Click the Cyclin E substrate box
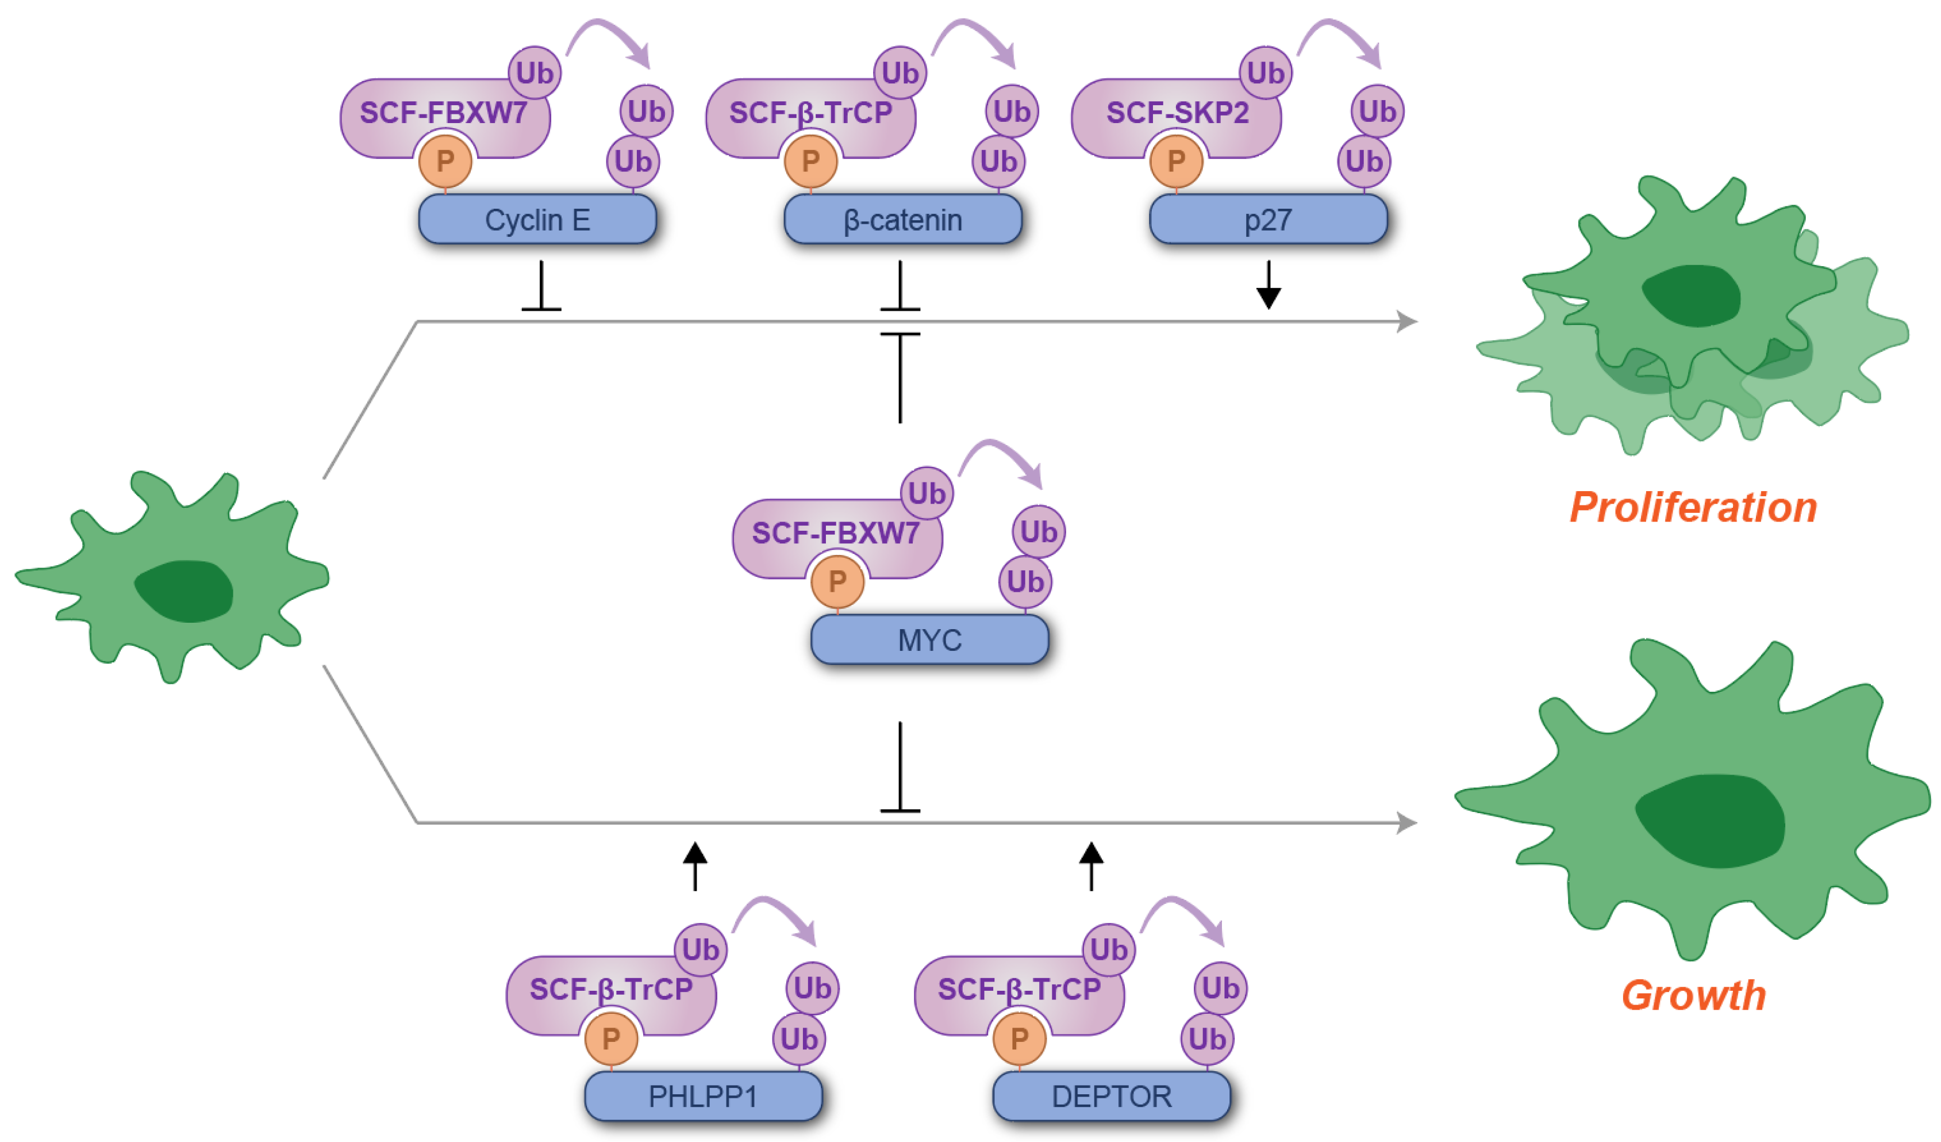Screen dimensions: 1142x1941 [537, 220]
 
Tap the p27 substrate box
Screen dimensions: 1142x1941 [1268, 220]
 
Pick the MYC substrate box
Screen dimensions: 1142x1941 [929, 639]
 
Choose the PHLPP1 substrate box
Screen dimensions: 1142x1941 [702, 1096]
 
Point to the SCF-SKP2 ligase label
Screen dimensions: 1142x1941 [1177, 113]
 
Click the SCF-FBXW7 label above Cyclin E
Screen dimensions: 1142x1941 [443, 113]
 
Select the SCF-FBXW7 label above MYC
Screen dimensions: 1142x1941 [835, 533]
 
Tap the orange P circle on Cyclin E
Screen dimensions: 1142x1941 [445, 161]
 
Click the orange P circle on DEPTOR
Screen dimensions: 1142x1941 [1019, 1038]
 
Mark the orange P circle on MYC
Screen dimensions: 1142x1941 [837, 581]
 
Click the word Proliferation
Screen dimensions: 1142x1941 [1693, 508]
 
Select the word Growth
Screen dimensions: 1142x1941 [1693, 995]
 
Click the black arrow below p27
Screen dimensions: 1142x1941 [1268, 287]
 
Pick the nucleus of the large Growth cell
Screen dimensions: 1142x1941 [1710, 821]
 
